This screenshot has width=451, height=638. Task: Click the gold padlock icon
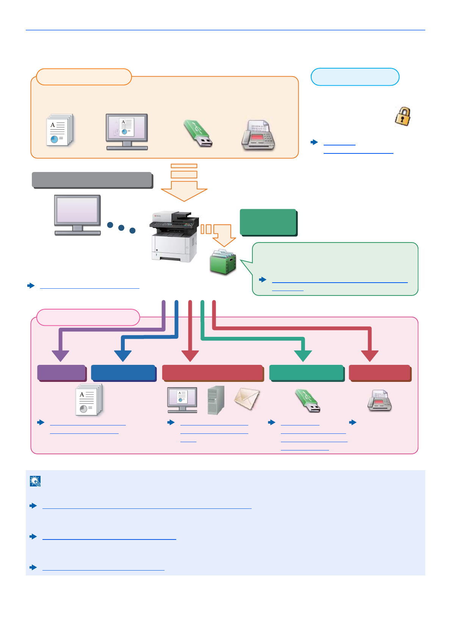tap(402, 116)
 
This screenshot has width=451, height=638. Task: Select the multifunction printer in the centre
tap(175, 237)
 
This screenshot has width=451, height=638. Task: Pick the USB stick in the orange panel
tap(198, 133)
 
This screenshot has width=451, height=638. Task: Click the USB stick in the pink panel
tap(308, 401)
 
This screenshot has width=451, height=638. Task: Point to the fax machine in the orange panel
tap(258, 135)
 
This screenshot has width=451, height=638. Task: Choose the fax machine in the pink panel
tap(379, 401)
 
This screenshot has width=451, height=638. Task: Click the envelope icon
tap(247, 399)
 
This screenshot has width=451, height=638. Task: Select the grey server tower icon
tap(216, 400)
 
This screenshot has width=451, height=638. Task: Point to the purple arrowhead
tap(60, 356)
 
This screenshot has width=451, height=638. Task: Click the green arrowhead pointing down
tap(303, 356)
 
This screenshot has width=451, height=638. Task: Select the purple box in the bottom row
tap(61, 373)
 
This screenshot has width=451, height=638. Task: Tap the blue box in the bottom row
tap(123, 373)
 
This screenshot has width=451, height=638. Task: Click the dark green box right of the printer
tap(268, 222)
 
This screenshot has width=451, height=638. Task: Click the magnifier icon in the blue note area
tap(35, 481)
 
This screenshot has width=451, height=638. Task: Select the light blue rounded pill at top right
tap(355, 77)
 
